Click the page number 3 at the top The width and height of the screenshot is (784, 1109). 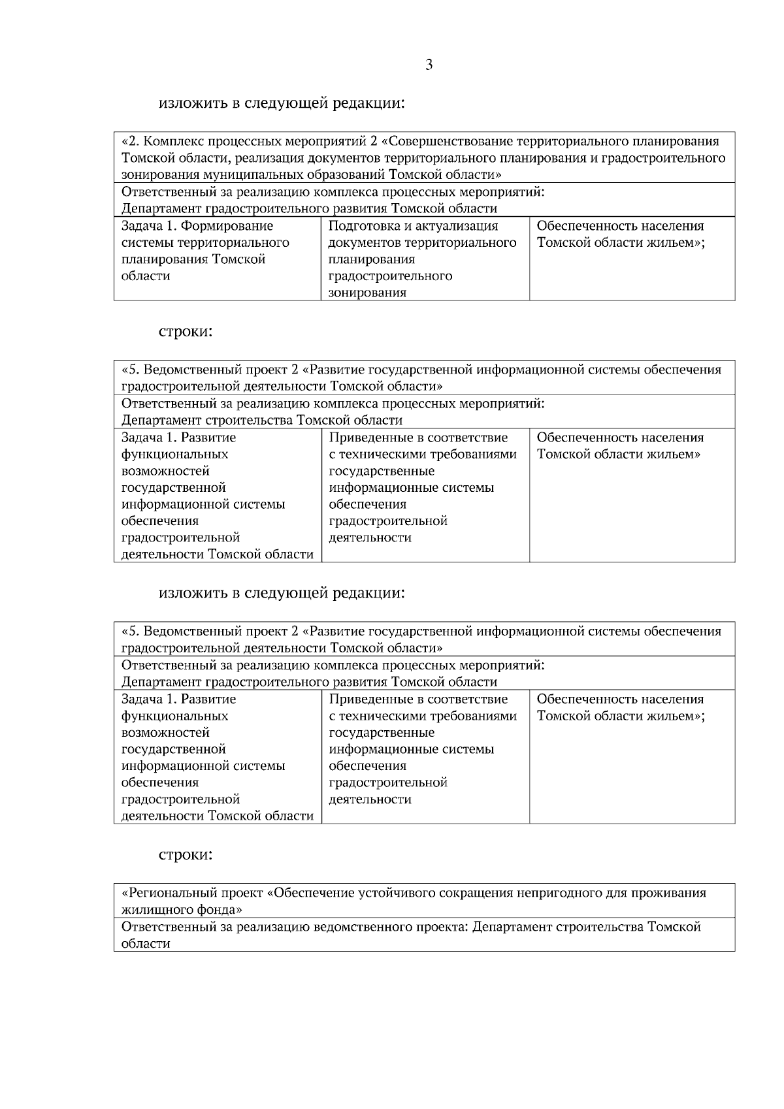429,65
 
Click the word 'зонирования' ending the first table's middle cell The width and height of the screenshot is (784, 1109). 367,293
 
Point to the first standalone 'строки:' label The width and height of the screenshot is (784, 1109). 186,332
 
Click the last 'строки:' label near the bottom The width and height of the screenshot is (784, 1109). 186,854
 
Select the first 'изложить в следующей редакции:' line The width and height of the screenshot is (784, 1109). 282,103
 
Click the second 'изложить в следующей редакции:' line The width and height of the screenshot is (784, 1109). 282,593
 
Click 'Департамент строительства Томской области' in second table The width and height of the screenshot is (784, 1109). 262,420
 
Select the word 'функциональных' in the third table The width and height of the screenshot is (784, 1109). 174,716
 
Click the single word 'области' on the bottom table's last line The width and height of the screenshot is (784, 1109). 146,944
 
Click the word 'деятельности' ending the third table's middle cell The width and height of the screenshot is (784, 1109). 370,799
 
